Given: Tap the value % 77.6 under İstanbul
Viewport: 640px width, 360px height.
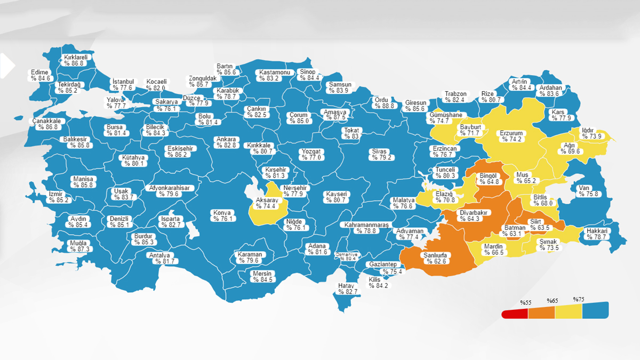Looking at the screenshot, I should coord(123,88).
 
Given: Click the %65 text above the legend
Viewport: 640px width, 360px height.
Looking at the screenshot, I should coord(551,301).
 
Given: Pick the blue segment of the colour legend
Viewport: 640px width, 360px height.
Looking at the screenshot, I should coord(595,310).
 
